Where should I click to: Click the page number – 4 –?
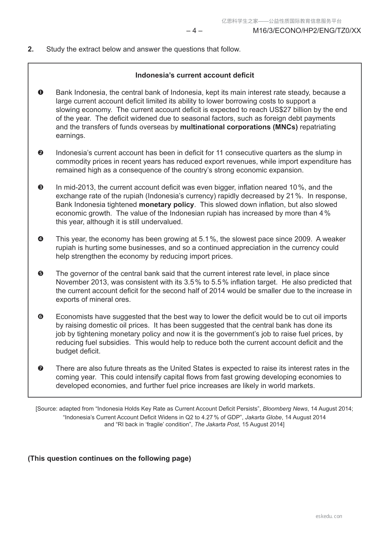pyautogui.click(x=194, y=31)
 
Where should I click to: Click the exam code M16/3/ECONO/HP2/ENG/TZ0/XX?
pyautogui.click(x=307, y=31)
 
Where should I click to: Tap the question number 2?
pyautogui.click(x=31, y=49)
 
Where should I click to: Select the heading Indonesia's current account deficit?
pyautogui.click(x=195, y=75)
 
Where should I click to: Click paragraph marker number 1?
pyautogui.click(x=41, y=92)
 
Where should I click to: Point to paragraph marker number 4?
pyautogui.click(x=41, y=239)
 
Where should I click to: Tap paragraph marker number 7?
pyautogui.click(x=41, y=368)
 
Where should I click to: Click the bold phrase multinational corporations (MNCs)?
pyautogui.click(x=239, y=127)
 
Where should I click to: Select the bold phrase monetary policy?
pyautogui.click(x=166, y=205)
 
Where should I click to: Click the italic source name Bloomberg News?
pyautogui.click(x=285, y=409)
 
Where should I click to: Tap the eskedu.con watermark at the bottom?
pyautogui.click(x=329, y=516)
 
